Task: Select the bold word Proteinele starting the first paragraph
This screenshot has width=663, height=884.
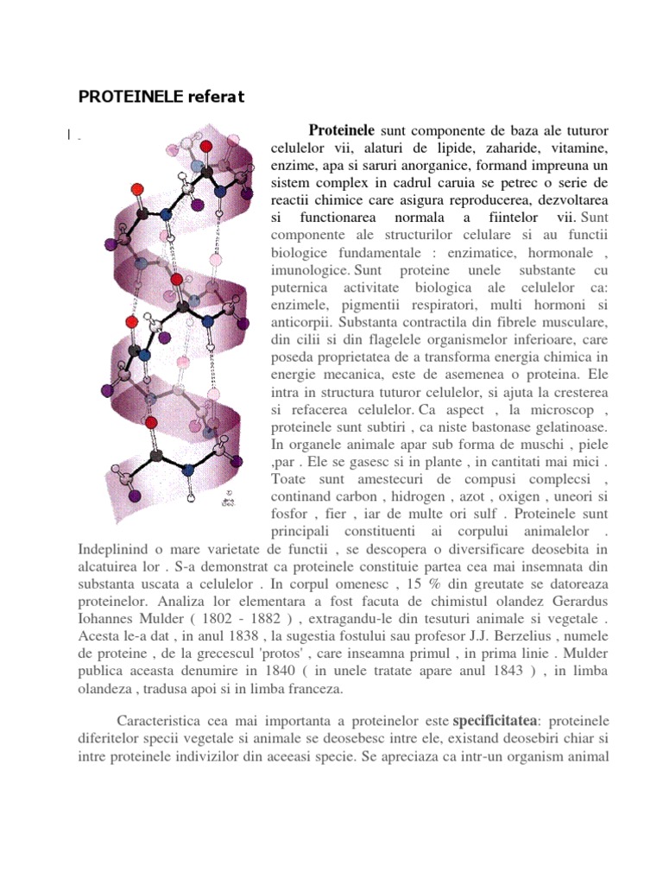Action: [341, 131]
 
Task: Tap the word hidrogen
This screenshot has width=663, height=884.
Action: [407, 496]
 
